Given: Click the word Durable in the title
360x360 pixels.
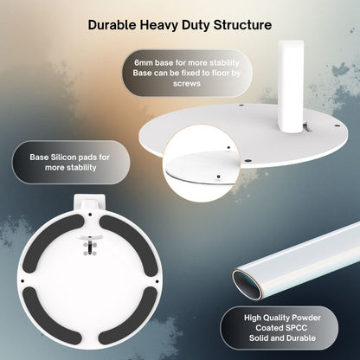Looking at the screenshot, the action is pos(112,25).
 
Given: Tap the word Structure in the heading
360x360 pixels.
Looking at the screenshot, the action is pos(242,25).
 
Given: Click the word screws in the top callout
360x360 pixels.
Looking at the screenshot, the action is pos(187,84).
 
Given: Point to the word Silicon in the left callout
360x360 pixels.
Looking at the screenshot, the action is pos(64,157).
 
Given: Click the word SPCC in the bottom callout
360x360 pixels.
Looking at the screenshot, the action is pos(294,328).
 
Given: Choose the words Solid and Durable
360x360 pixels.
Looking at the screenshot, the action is pos(282,338).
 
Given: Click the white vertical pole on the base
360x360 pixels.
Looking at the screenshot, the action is pos(290,87).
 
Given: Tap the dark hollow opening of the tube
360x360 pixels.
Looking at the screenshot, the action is pos(247,285).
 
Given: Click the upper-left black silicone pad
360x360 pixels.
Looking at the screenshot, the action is pos(52,243).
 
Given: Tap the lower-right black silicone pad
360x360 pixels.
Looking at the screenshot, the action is pos(128,315).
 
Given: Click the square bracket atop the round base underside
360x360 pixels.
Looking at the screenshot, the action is pos(89,202).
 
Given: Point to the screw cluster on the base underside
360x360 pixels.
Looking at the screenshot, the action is pos(90,246).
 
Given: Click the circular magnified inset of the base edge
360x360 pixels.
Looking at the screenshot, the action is pos(201,164).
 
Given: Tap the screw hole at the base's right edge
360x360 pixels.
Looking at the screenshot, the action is pos(337,125).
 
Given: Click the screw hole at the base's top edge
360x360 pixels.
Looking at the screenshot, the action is pos(241,106).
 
